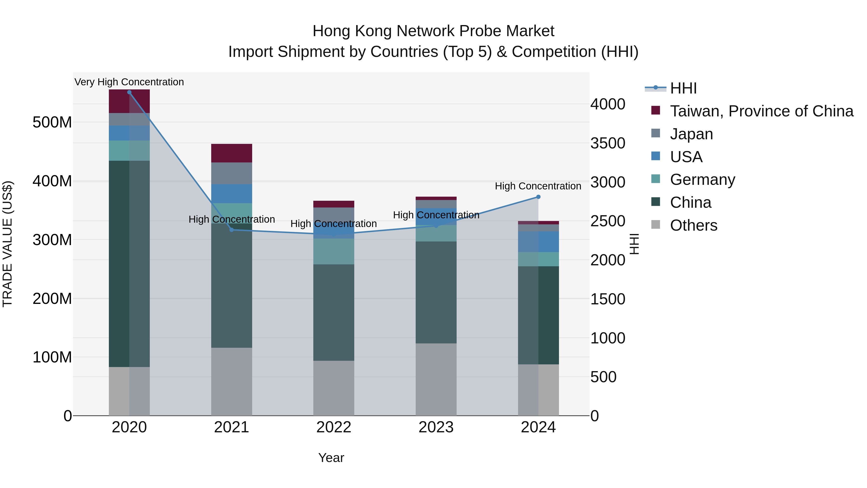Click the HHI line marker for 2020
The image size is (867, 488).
point(129,92)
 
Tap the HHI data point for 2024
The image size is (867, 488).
point(538,197)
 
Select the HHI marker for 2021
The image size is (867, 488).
point(231,230)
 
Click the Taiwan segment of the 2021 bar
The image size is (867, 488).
point(231,153)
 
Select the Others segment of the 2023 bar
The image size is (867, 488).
point(436,380)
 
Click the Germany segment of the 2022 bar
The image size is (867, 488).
point(334,252)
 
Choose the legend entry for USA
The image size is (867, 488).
point(686,157)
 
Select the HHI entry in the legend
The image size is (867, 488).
point(683,88)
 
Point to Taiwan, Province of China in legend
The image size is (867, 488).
point(761,111)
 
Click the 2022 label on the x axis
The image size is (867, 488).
point(334,427)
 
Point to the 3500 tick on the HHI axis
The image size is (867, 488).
point(608,143)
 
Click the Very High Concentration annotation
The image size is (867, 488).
point(129,82)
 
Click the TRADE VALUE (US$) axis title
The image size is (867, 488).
point(7,244)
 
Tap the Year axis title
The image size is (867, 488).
point(331,458)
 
